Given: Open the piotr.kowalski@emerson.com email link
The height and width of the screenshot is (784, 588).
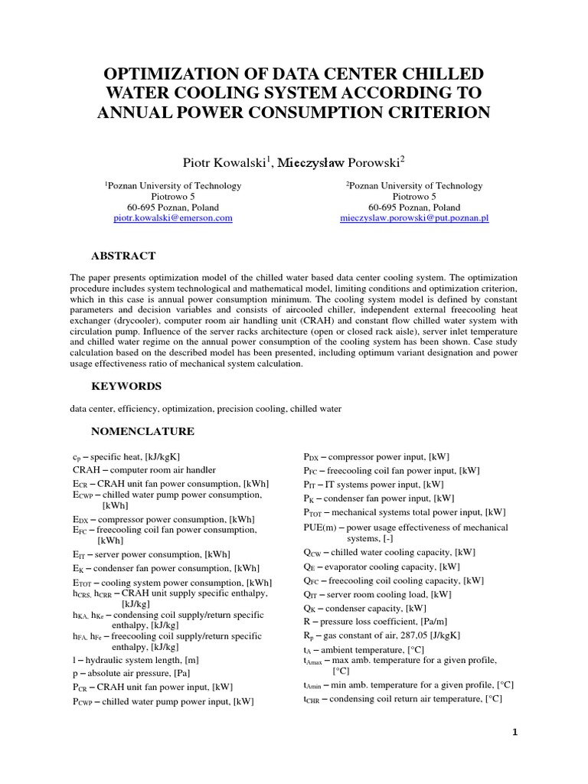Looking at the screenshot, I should pos(173,218).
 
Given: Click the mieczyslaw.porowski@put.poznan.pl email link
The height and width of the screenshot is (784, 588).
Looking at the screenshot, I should pos(414,218).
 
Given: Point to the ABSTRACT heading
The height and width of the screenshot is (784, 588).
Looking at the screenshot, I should pos(123,256).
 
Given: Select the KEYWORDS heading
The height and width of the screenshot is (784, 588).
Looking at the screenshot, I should pos(126,387).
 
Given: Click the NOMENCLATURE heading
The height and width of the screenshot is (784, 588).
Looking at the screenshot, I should pos(142,431).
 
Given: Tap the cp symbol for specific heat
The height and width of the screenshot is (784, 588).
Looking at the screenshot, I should pos(77,457).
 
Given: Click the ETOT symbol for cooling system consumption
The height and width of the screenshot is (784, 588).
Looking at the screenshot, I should pos(83,583).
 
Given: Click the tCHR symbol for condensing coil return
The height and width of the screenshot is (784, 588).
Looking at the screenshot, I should pos(312,699).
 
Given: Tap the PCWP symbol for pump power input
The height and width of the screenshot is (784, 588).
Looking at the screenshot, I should pos(83,701).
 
